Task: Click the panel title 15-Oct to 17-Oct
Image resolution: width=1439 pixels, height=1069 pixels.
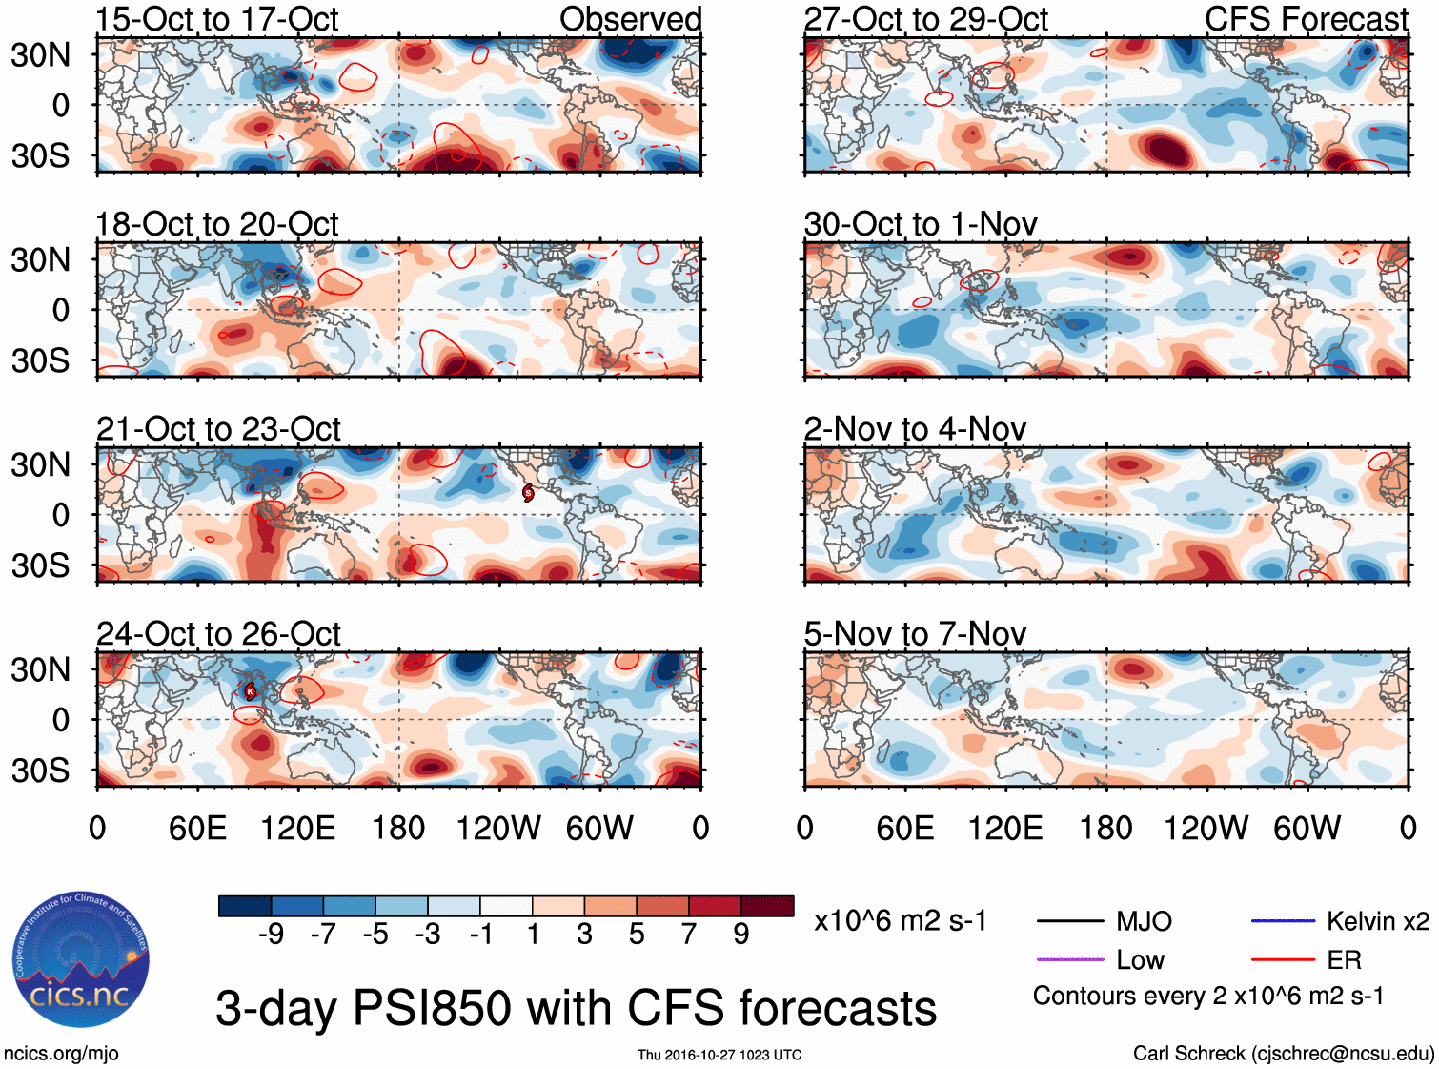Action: [216, 19]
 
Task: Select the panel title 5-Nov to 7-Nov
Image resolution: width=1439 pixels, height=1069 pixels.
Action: [915, 633]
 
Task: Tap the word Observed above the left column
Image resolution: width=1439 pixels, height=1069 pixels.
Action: [630, 19]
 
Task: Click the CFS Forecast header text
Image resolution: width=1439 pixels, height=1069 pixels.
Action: [1306, 19]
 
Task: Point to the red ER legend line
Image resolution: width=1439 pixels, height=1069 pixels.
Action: [1283, 959]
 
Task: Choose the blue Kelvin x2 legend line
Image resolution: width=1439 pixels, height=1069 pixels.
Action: [1283, 921]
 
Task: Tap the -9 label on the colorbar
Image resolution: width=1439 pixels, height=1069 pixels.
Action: [271, 934]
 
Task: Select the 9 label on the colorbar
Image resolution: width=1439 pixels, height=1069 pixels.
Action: [740, 934]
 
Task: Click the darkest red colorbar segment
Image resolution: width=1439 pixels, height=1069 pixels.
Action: [767, 906]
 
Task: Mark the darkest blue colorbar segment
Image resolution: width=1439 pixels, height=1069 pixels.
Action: [245, 906]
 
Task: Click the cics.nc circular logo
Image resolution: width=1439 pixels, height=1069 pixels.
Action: [80, 960]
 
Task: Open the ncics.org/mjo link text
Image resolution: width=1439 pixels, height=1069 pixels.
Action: [61, 1053]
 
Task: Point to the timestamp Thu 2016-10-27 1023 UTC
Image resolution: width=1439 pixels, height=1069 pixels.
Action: [719, 1055]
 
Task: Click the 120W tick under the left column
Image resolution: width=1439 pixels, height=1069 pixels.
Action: [498, 828]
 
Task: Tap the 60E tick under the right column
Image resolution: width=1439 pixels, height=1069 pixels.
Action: [905, 828]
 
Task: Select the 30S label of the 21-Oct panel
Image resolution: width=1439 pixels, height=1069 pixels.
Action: [40, 565]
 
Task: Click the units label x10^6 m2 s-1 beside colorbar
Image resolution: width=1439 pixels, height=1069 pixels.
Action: [901, 920]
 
